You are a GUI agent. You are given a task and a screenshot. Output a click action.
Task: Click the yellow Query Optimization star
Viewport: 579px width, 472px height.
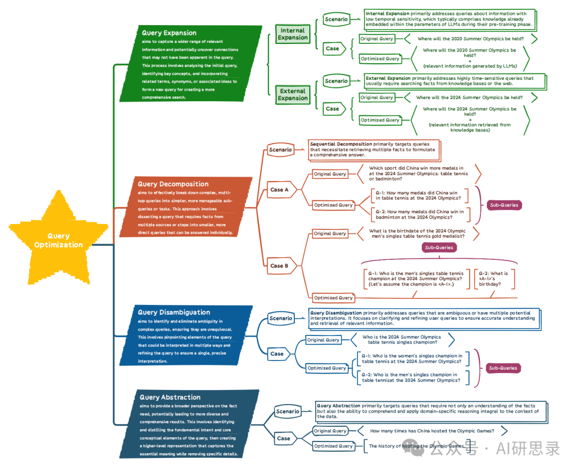[59, 240]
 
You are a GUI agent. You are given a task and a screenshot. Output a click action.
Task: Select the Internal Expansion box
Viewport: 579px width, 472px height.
[293, 34]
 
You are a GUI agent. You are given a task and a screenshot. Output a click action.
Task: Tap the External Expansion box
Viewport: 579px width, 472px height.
[293, 94]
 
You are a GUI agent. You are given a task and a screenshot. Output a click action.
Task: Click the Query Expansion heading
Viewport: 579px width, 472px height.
[169, 33]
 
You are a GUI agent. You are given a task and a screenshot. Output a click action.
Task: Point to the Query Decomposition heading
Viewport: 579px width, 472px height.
[173, 184]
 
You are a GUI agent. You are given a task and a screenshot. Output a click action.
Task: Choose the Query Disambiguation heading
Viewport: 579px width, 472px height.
[174, 312]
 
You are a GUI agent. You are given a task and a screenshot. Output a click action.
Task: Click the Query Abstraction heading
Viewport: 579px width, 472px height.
[170, 397]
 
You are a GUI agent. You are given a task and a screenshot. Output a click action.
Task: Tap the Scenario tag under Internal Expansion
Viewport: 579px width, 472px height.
[336, 19]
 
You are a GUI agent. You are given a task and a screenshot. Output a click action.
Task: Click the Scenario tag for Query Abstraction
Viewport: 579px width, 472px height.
[288, 411]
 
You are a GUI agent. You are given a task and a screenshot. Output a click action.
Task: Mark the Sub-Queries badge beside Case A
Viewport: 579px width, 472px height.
[504, 205]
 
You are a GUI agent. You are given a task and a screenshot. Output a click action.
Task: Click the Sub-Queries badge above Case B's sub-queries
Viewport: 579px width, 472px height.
[439, 248]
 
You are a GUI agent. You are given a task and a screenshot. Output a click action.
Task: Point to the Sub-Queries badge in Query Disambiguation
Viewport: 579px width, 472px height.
[503, 368]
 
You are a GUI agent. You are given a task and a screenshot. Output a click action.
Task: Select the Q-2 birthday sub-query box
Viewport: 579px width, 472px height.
[494, 279]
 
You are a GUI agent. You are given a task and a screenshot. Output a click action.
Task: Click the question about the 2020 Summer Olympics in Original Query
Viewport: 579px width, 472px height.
[471, 39]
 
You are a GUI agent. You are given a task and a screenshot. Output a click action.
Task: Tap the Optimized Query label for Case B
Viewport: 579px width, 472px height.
[333, 298]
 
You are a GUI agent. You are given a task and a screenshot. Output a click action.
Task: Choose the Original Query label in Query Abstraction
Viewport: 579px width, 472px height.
[330, 431]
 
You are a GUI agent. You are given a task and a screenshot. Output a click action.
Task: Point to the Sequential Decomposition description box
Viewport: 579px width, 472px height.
[374, 150]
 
